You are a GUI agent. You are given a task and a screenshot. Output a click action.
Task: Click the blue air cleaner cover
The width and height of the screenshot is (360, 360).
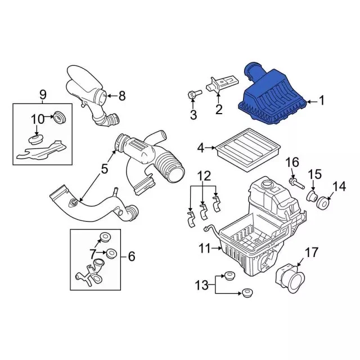tap(272, 96)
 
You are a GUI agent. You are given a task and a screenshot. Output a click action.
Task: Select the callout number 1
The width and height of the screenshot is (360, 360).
tap(322, 101)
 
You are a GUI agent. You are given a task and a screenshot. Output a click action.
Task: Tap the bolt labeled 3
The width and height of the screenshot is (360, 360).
tap(194, 94)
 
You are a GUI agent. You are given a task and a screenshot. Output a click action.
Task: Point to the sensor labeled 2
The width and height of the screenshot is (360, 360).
tap(222, 85)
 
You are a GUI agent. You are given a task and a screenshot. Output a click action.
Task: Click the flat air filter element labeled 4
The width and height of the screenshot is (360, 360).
tap(249, 150)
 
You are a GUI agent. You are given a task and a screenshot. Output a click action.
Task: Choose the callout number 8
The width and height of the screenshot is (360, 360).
tap(122, 96)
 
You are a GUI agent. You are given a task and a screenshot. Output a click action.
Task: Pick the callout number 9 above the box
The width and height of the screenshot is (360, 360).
tap(43, 94)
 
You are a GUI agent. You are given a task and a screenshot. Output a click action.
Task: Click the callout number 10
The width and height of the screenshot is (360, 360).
tap(38, 119)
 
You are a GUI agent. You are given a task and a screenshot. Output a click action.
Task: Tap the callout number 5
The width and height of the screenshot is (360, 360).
tap(104, 169)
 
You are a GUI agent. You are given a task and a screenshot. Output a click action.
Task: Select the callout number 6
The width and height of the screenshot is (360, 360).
tap(132, 256)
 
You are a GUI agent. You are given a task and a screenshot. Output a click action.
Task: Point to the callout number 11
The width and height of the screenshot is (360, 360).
tap(204, 248)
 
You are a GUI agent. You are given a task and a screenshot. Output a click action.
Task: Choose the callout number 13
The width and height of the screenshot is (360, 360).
tap(201, 285)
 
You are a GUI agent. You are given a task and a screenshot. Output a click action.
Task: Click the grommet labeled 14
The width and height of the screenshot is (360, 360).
tap(323, 202)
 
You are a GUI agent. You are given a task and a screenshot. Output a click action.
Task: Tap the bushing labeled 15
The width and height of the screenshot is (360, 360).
tap(312, 196)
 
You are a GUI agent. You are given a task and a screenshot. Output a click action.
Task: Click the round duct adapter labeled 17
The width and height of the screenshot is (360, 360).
tap(290, 278)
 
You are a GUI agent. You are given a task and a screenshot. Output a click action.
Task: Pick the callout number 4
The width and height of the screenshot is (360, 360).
tap(201, 148)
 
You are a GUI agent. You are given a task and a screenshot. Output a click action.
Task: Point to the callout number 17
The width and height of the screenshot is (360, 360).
tap(312, 253)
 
